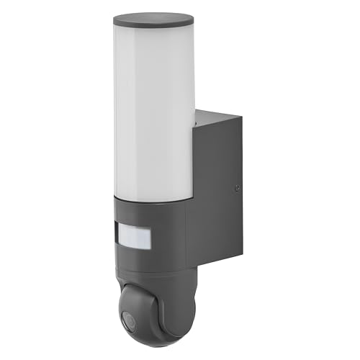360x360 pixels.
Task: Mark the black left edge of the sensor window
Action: click(118, 235)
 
